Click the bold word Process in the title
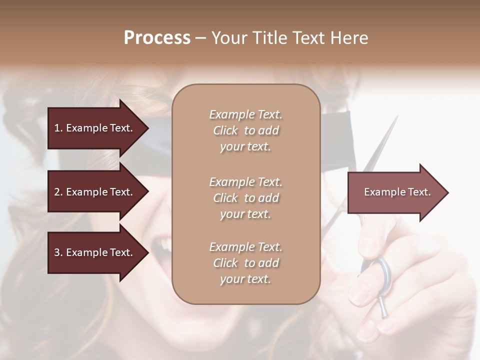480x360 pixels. click(x=157, y=38)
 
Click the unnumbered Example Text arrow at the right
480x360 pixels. click(x=397, y=192)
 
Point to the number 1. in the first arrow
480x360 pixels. click(x=58, y=128)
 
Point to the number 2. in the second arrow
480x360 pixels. click(x=58, y=192)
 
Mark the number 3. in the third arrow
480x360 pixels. click(x=58, y=252)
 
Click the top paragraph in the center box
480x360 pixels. click(x=245, y=130)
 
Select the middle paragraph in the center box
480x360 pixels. click(x=245, y=198)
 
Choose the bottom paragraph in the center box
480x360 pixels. click(x=245, y=263)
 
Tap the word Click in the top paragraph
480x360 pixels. click(x=225, y=130)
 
